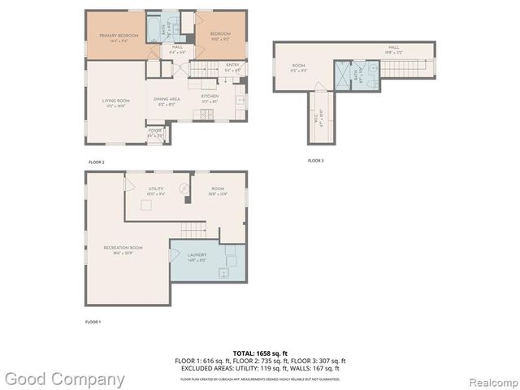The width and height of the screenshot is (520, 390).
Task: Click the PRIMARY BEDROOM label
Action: (115, 37)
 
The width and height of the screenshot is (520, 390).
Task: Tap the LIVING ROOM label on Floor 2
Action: (115, 102)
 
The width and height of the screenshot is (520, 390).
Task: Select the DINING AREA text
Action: (167, 99)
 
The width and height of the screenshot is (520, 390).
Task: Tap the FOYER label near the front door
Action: (154, 134)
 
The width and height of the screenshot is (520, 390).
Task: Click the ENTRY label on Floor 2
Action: (232, 68)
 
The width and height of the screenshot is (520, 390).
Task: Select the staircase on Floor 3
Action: (402, 68)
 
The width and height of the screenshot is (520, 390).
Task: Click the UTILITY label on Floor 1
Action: (156, 190)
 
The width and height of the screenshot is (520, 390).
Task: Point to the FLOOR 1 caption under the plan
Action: (93, 323)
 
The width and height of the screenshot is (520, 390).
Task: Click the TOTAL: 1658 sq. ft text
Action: (260, 353)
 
